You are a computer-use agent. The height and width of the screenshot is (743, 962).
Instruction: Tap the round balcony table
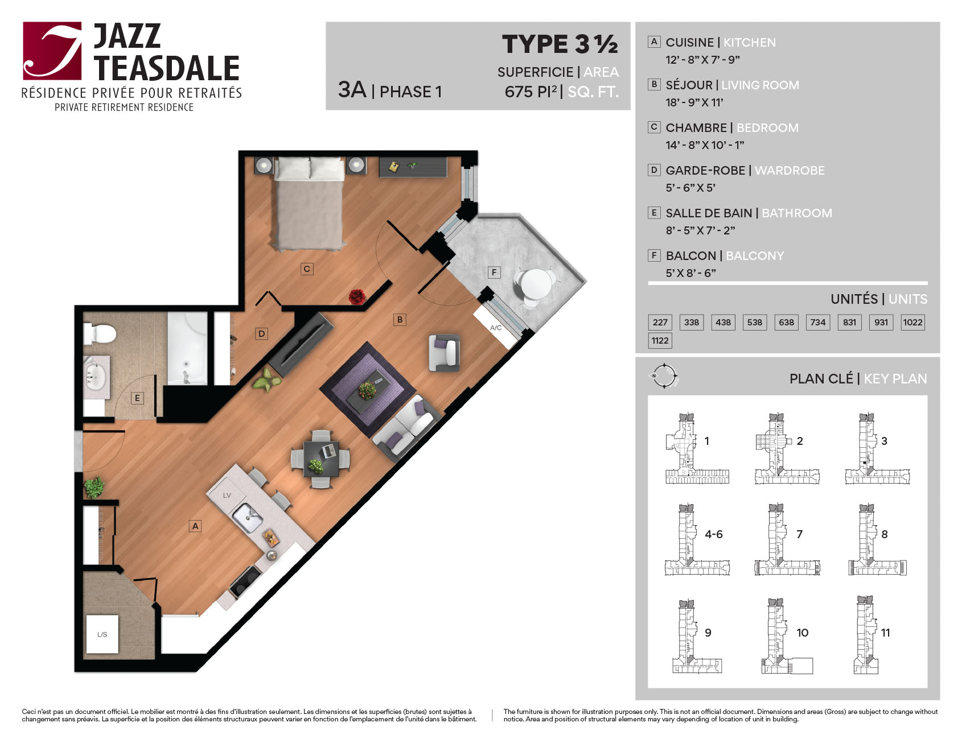(x=536, y=283)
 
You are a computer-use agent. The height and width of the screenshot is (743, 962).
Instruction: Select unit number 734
(x=817, y=322)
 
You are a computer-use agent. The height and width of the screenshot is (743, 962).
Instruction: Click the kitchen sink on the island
(x=248, y=517)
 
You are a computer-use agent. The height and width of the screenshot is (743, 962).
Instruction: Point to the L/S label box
(x=102, y=634)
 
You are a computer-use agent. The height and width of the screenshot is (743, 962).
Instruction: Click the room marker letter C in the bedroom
(x=307, y=269)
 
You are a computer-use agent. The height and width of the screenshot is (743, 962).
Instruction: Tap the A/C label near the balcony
(x=496, y=328)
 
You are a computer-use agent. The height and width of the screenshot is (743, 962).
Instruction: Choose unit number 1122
(x=660, y=341)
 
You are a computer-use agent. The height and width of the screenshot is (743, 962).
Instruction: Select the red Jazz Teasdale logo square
(x=52, y=51)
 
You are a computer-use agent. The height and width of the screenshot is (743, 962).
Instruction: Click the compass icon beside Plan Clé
(x=664, y=376)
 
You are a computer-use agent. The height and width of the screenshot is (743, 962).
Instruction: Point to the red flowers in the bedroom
(x=357, y=296)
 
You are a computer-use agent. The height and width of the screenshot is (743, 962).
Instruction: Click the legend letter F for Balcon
(x=654, y=255)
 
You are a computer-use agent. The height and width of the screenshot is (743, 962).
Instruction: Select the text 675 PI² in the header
(x=531, y=92)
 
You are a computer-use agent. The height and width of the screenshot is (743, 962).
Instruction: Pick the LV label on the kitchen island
(x=227, y=496)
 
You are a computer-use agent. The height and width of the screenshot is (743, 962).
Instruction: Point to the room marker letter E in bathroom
(x=137, y=398)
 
